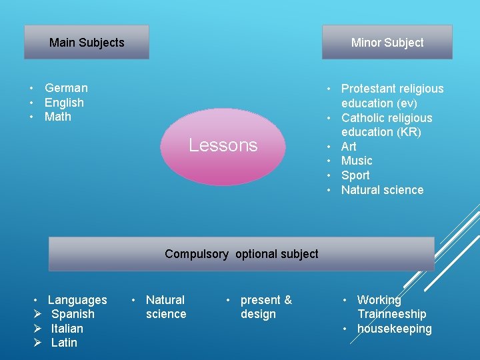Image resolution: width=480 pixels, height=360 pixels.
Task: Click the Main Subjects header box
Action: (x=87, y=43)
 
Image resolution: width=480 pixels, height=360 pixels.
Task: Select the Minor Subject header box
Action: (x=387, y=43)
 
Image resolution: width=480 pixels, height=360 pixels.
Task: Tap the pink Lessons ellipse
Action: (x=223, y=145)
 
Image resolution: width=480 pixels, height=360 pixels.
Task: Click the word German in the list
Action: (x=66, y=88)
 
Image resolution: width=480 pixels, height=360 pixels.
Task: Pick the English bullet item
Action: (x=64, y=103)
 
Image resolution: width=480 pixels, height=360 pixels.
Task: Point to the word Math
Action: (x=57, y=117)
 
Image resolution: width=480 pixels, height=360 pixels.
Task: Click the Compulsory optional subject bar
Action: (x=241, y=254)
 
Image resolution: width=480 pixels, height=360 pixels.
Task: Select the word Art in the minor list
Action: (x=349, y=146)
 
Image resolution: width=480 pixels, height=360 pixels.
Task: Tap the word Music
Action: (x=357, y=161)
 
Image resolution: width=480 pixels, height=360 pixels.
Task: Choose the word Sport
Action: (x=355, y=175)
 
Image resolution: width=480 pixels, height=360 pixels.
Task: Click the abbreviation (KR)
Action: (x=407, y=132)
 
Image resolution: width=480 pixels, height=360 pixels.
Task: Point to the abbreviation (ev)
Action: (x=406, y=103)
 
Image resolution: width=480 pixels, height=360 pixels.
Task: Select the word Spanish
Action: (x=73, y=314)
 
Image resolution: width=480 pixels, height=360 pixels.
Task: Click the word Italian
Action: (x=67, y=329)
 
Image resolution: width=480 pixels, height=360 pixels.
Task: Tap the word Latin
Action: (x=64, y=343)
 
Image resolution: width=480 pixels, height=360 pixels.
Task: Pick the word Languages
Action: (x=77, y=300)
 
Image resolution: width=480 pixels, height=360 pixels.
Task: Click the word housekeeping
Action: (x=394, y=329)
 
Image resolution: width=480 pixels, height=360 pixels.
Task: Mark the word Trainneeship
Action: (x=391, y=314)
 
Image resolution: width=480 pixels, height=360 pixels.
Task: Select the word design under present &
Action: (x=258, y=314)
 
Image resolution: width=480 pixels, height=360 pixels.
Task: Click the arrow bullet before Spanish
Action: (x=38, y=314)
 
